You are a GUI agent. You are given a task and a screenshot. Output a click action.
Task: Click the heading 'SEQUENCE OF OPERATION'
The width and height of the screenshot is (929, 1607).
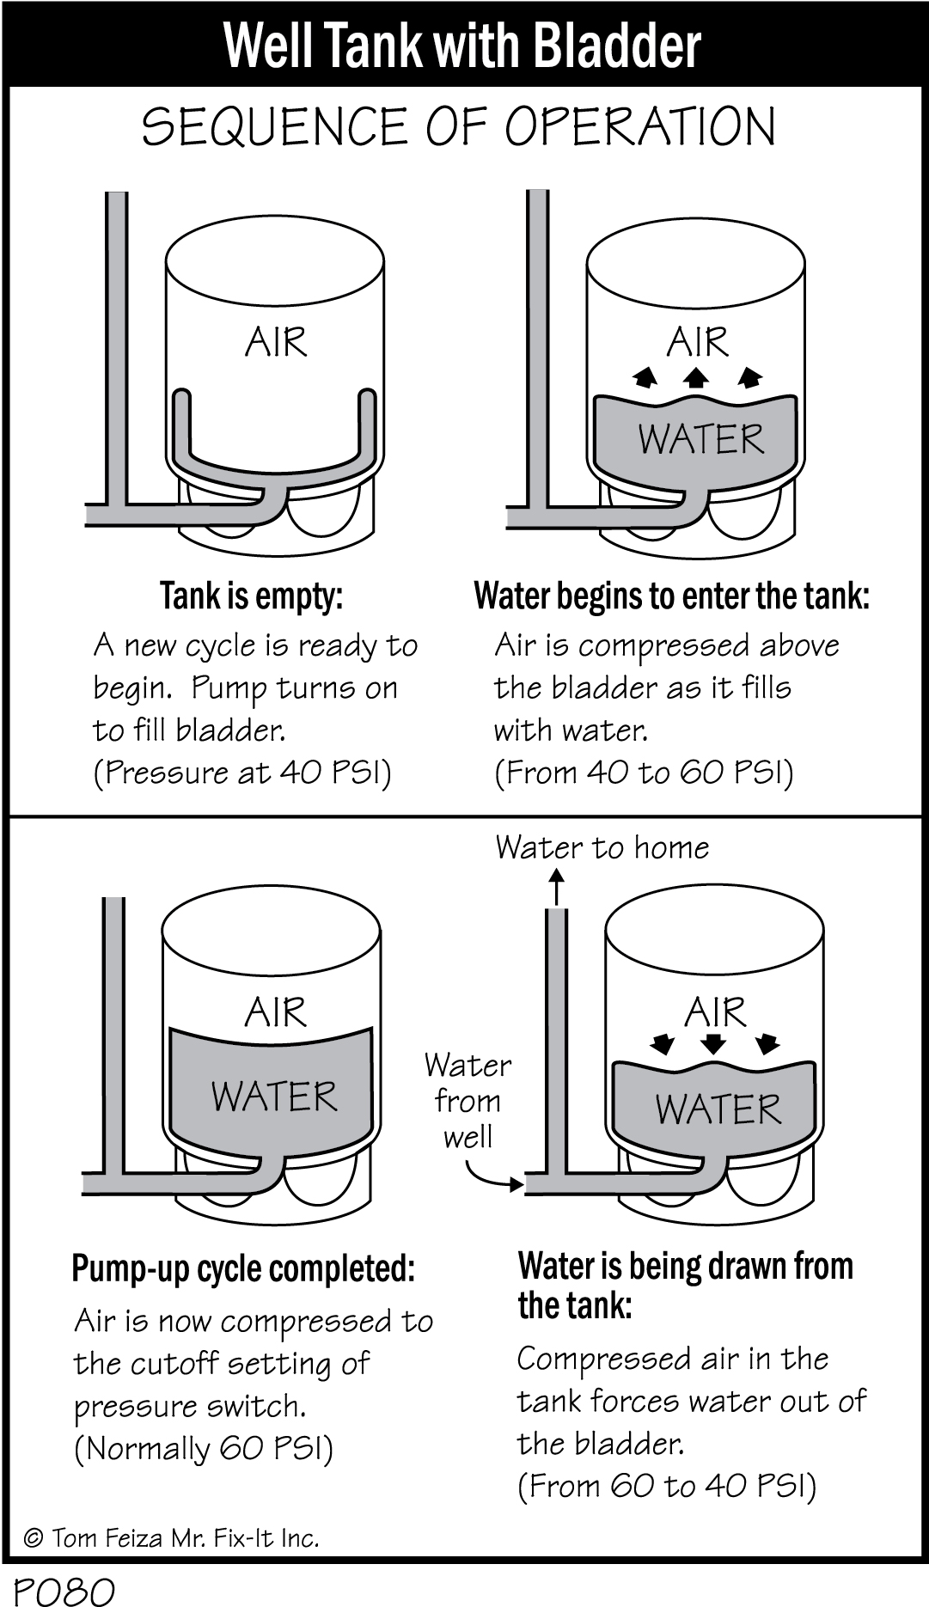coord(459,127)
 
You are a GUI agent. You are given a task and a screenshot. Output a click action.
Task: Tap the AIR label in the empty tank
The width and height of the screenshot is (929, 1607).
coord(275,343)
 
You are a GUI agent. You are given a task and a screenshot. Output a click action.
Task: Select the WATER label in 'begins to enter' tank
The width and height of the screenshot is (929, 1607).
coord(700,439)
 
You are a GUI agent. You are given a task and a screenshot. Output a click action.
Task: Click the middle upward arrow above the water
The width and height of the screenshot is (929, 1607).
coord(696,376)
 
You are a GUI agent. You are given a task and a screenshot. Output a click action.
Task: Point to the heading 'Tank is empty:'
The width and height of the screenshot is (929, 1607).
coord(251,596)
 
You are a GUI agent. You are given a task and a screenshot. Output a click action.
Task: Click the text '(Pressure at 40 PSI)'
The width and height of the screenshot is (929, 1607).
coord(242,773)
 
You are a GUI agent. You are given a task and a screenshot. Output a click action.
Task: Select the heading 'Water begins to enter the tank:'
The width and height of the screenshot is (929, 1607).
coord(671,596)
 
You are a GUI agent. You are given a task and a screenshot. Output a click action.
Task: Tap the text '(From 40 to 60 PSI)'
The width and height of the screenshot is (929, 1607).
coord(644,773)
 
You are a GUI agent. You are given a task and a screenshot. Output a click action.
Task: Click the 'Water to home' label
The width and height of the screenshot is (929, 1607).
coord(602,847)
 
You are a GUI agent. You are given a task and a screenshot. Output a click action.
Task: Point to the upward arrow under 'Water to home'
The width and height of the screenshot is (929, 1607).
coord(557,885)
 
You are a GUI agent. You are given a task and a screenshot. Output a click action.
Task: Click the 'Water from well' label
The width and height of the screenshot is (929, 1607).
coord(468,1101)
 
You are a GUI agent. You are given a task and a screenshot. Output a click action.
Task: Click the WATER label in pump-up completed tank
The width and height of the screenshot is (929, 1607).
coord(274,1097)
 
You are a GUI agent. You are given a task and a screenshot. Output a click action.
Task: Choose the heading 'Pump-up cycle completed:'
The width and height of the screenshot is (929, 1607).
coord(243,1268)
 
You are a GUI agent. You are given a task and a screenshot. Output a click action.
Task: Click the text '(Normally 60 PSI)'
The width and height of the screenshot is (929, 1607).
coord(204,1449)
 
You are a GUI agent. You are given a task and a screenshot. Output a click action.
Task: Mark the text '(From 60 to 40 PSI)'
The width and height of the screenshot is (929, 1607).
coord(667,1485)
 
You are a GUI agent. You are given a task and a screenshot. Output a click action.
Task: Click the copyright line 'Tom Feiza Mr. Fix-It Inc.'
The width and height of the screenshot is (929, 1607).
coord(172,1537)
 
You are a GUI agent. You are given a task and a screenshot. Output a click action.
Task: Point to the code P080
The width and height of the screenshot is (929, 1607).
coord(64,1591)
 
